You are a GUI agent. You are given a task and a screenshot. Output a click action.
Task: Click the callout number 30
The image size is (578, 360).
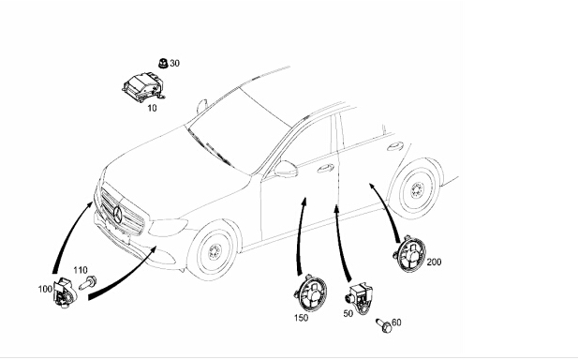175,64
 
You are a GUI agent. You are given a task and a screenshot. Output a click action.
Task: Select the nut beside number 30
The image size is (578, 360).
163,64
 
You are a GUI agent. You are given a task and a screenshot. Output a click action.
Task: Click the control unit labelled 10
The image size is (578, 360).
143,87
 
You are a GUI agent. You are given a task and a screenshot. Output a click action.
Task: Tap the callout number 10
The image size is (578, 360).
152,108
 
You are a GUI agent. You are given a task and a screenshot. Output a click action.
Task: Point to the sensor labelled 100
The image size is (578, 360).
65,292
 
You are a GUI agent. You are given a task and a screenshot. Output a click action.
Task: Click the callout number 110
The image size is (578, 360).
81,270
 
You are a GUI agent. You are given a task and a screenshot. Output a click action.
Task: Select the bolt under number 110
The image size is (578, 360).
88,283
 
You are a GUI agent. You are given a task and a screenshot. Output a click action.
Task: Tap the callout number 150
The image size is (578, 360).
301,318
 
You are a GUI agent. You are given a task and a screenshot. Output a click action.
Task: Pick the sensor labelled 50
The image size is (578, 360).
359,297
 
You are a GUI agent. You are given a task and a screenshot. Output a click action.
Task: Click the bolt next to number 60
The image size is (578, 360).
384,325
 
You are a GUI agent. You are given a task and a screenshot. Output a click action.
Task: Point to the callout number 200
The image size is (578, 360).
434,262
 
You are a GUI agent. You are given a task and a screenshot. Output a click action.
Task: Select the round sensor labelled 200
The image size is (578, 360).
409,254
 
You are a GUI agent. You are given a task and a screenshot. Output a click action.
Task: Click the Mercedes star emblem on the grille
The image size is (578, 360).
118,215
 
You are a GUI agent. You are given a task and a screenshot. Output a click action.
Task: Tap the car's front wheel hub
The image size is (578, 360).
214,252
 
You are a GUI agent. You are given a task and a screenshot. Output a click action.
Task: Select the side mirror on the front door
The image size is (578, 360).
286,169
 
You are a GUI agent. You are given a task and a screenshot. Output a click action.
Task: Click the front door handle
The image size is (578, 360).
325,169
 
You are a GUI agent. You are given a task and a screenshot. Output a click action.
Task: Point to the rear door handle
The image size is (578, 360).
395,146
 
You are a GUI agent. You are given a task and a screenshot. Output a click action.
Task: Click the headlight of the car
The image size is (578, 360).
168,227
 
